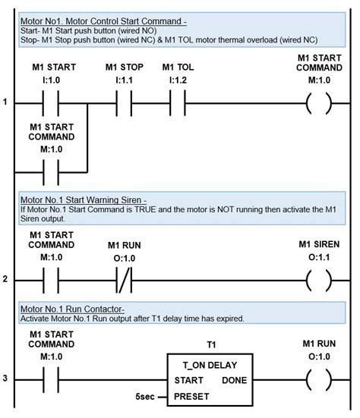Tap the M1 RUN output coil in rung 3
[x=318, y=379]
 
